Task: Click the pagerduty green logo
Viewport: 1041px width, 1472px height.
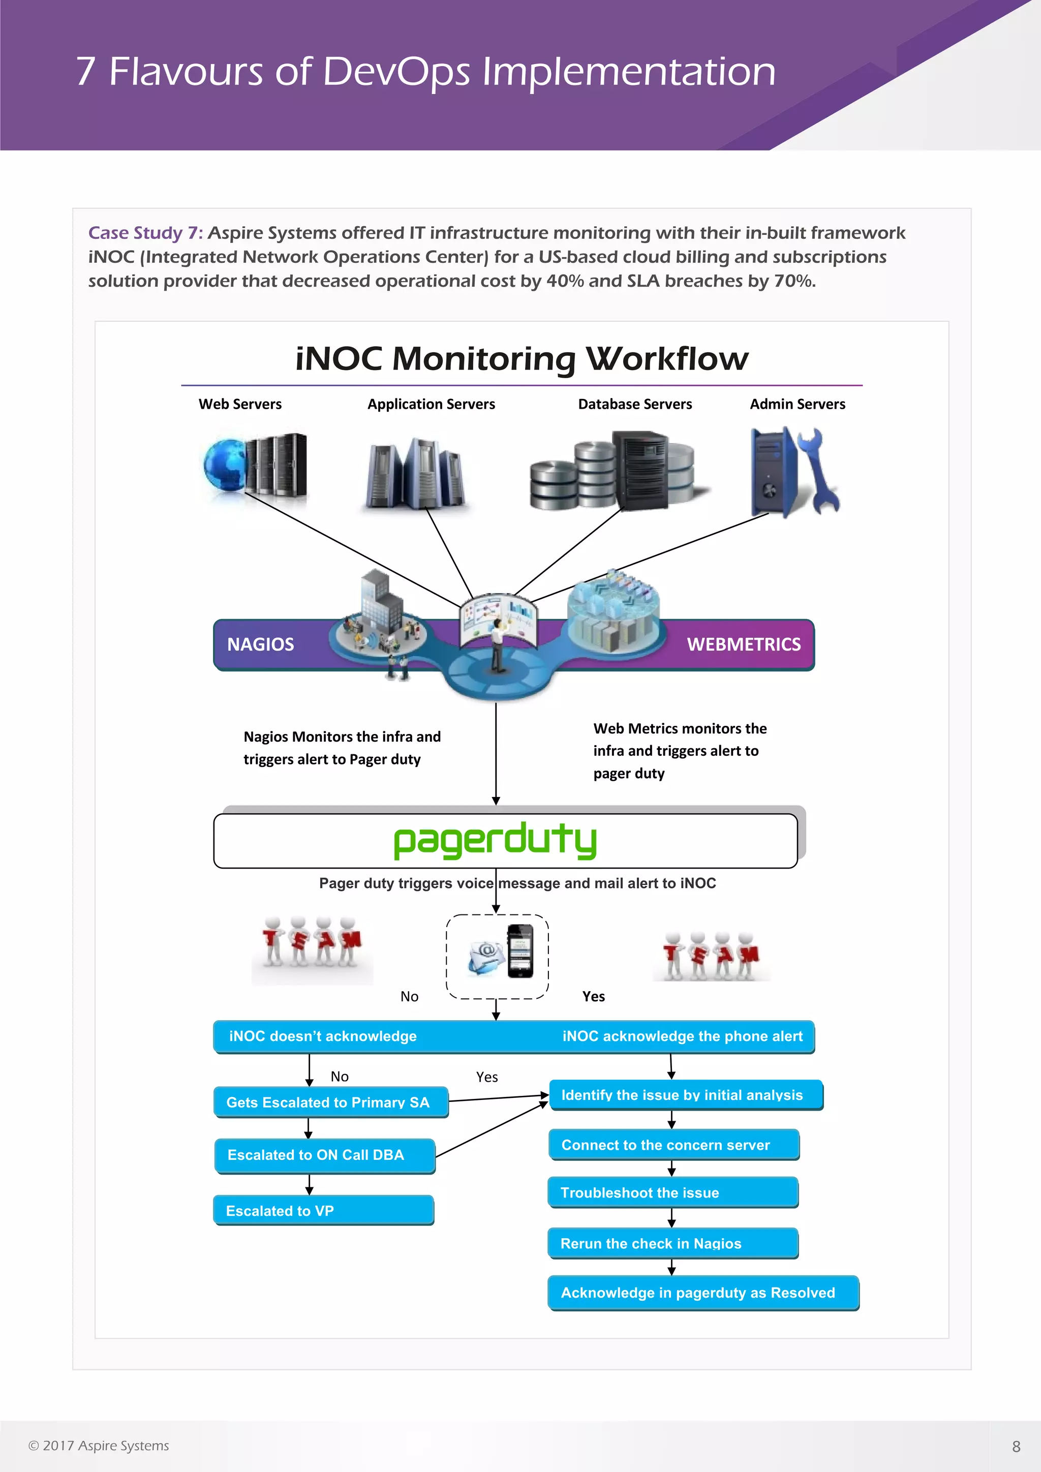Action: point(495,841)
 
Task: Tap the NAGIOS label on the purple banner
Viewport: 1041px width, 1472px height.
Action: point(260,645)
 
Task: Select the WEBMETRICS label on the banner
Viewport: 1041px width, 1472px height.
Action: point(744,645)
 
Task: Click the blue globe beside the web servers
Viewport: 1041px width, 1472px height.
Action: point(224,466)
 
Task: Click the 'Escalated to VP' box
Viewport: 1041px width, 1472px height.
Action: point(324,1210)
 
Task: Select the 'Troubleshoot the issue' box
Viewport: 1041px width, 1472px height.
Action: point(672,1192)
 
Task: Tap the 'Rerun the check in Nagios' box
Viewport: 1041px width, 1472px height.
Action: point(672,1244)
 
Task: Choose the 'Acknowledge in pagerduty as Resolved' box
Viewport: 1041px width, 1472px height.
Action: point(702,1293)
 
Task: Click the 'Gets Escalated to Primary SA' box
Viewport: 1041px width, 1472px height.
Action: point(331,1102)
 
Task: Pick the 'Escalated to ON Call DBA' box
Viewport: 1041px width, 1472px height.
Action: point(325,1155)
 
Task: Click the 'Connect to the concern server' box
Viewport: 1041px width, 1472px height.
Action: point(673,1145)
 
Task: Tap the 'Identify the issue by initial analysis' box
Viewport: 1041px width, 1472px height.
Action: point(685,1095)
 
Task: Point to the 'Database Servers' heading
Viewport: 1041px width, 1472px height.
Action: point(634,404)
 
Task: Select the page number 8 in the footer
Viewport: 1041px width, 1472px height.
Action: point(1016,1447)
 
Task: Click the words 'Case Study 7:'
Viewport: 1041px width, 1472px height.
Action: point(145,233)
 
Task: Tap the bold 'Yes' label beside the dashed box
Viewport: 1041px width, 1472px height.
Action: point(594,996)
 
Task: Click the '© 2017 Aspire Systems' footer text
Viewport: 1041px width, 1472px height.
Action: point(99,1446)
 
